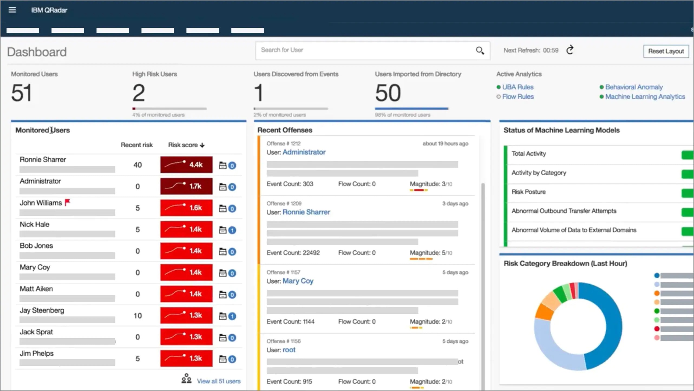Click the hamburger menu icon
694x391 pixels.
pos(12,10)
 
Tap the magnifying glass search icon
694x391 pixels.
pos(480,50)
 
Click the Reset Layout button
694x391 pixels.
pos(666,51)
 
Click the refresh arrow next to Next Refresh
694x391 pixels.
pos(570,50)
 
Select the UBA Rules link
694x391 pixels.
pos(518,87)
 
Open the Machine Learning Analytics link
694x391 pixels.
pos(645,97)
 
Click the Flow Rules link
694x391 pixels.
pos(518,97)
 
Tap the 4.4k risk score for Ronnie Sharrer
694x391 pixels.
pos(186,165)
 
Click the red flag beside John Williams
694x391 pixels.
pos(68,202)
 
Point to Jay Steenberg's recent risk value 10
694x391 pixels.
pos(138,316)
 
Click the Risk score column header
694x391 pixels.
pos(186,145)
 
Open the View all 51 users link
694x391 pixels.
pos(218,381)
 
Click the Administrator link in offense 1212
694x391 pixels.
pos(304,152)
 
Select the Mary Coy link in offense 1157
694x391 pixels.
pos(298,281)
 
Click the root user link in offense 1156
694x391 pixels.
pos(289,350)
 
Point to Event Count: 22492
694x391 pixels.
pos(293,253)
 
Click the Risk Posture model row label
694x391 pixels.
pos(528,192)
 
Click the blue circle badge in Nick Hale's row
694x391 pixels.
pos(232,230)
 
